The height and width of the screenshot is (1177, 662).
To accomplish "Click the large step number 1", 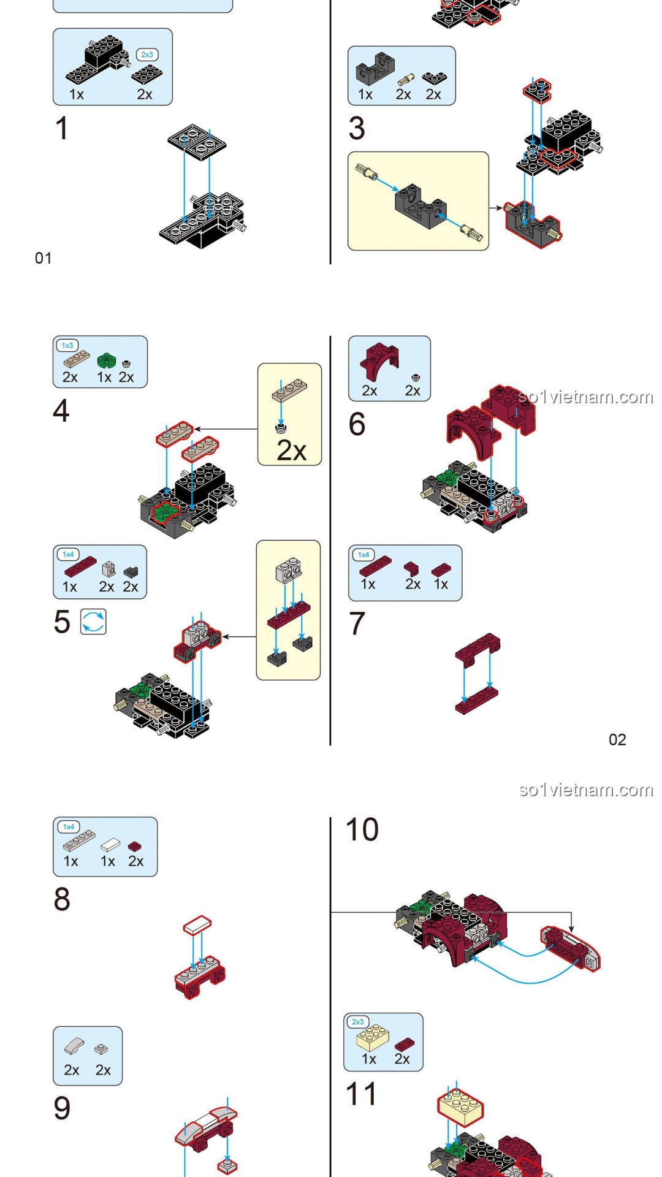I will (61, 129).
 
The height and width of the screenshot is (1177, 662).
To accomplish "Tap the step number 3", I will (357, 129).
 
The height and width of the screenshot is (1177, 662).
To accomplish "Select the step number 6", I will (357, 424).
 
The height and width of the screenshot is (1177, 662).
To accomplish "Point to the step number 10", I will (362, 830).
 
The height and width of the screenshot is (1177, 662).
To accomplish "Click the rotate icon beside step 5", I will (94, 622).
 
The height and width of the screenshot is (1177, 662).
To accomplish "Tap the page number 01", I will (43, 258).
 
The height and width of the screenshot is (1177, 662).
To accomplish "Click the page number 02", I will (617, 740).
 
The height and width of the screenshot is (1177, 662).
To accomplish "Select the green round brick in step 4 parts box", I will (107, 360).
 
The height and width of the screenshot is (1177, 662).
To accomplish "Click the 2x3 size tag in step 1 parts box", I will (147, 55).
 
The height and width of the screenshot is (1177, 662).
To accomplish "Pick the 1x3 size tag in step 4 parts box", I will (67, 346).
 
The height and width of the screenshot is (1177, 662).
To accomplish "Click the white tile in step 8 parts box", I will (110, 845).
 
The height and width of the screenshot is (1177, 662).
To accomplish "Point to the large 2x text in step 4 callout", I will (291, 451).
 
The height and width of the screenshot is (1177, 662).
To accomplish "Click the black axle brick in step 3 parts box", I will (375, 68).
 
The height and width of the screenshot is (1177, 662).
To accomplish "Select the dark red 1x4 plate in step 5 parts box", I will (80, 566).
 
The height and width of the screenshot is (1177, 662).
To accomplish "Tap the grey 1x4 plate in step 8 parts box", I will (78, 841).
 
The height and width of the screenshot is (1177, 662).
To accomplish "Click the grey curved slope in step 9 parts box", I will (74, 1046).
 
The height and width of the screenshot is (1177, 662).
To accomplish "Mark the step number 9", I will (62, 1108).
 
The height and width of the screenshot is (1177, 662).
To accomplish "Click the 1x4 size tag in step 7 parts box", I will (363, 555).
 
